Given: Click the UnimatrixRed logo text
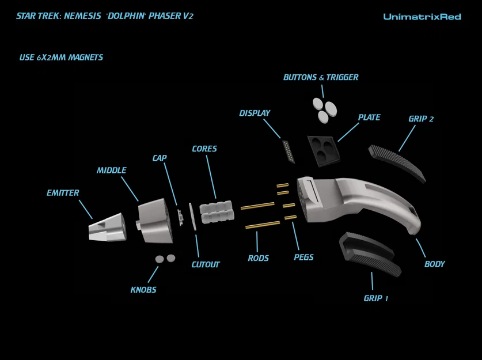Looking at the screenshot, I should pos(422,17).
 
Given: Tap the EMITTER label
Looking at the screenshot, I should pos(63,193).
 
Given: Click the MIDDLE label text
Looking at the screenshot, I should pos(111,170).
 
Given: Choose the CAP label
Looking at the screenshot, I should pos(160,158).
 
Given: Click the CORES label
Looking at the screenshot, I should pos(204,149).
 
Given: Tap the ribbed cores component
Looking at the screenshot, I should pos(217,212).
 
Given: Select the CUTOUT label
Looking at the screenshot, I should pos(206,265).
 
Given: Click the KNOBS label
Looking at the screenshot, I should pos(143,290).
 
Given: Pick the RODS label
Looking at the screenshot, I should pos(258,258).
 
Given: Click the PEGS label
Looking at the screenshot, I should pos(303,257).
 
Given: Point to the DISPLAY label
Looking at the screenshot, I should pos(255,113).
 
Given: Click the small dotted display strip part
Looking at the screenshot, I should pos(289,151).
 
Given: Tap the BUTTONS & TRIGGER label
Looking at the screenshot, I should pos(321,77).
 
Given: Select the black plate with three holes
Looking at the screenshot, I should pos(323,150).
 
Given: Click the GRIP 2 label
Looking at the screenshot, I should pos(421,119).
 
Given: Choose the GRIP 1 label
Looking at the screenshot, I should pos(376,298).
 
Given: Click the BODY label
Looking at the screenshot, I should pos(434,264).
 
